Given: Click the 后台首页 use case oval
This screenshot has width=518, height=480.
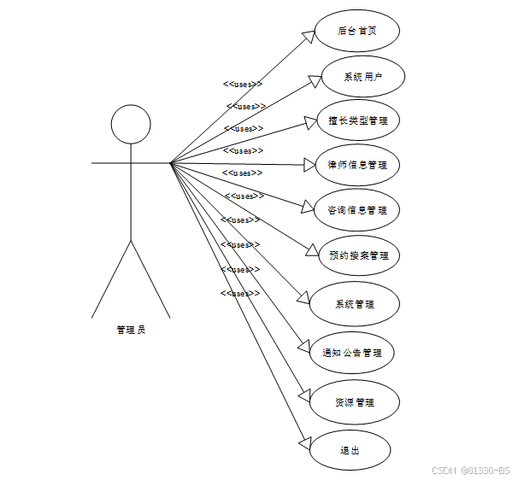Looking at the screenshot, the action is point(356,32).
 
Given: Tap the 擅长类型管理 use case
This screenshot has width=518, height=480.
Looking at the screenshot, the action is point(357,120).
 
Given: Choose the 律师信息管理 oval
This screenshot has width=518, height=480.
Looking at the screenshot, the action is point(356,164).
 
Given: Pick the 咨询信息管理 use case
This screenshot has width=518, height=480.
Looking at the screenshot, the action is point(356,209).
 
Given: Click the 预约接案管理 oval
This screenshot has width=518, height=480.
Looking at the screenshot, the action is point(357,255).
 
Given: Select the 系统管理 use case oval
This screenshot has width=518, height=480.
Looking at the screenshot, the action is point(354,304).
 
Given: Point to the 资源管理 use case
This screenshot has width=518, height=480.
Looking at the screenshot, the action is point(354,401).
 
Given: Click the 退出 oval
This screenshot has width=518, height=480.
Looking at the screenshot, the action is point(350,450).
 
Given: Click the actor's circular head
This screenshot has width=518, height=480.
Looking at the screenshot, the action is point(131,125).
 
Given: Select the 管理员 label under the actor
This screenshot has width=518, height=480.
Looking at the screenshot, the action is point(131,329).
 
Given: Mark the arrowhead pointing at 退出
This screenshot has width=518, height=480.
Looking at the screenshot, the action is point(305,444).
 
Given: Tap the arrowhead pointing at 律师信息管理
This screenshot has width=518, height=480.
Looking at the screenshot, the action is point(309,164).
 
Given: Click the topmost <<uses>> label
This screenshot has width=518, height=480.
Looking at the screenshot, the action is point(242,84).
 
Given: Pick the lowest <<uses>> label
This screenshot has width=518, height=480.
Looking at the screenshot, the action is point(240,293).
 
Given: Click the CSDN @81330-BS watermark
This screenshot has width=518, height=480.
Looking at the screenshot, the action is point(470,470).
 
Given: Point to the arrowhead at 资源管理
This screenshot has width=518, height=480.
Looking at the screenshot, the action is point(305,397).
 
